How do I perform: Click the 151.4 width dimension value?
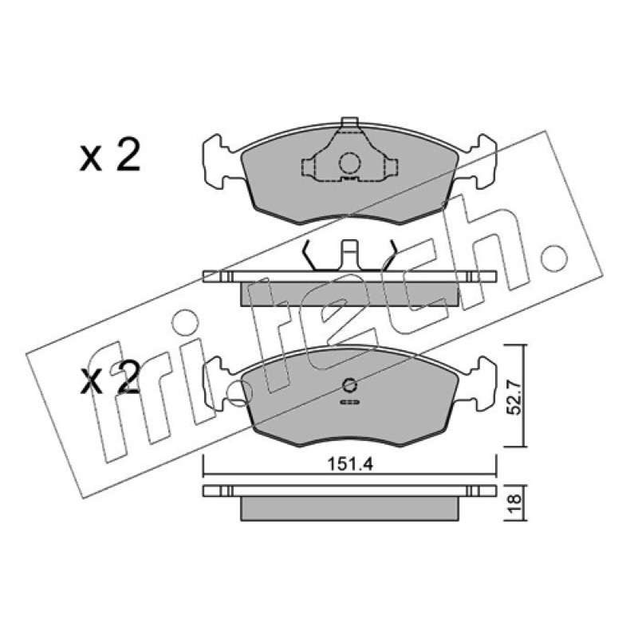350,464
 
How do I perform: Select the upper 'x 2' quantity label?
109,155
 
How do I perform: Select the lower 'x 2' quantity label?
109,377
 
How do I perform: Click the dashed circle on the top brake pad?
350,163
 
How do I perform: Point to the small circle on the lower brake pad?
349,385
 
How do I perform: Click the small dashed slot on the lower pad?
349,403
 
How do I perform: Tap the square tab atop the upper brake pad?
349,123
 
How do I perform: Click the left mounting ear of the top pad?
219,162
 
